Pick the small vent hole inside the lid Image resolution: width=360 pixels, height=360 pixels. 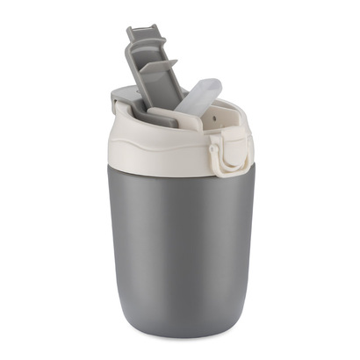click(225, 114)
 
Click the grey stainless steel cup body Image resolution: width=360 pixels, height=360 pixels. click(180, 237)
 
